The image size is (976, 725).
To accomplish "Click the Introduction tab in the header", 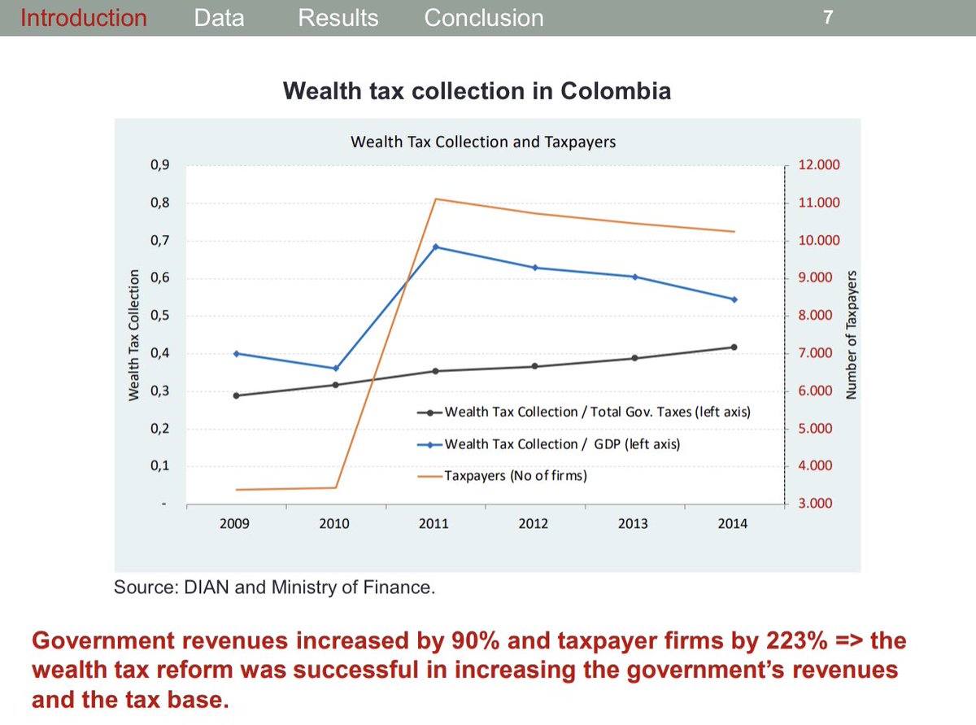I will point(84,18).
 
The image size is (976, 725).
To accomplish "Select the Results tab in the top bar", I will point(338,18).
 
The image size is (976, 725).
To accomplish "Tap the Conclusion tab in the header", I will point(484,18).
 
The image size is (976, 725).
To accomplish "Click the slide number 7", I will point(827,18).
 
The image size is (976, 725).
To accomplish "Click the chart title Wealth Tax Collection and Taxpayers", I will point(482,142).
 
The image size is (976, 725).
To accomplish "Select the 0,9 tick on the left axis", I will point(159,165).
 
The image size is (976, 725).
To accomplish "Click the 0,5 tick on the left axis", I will point(159,316).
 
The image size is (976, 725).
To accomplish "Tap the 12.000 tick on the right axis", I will point(819,165).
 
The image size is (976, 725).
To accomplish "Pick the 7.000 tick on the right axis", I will point(816,353).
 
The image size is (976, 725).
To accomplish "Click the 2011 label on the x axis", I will point(434,524).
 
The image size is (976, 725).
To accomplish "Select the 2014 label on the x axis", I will point(733,524).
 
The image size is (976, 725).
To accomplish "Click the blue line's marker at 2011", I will point(436,247).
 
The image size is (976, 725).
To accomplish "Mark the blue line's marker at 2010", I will point(335,369).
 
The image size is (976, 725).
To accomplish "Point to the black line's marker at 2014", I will point(734,347).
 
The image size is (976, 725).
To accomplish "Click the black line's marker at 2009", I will point(237,395).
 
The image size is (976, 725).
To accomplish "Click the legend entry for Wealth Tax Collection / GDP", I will point(562,444).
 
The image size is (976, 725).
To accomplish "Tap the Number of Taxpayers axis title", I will point(852,334).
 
